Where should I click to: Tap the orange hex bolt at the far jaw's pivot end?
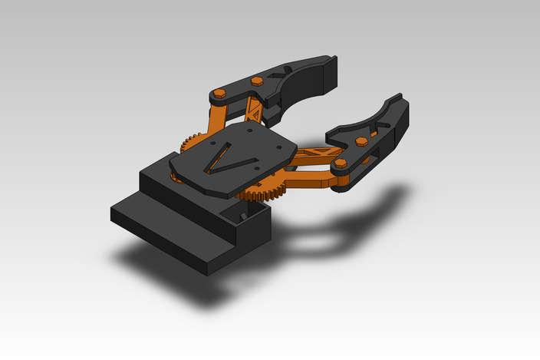tap(220, 93)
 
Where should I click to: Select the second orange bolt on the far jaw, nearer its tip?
tap(257, 80)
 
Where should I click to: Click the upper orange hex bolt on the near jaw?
tap(361, 141)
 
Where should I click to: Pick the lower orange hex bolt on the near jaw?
tap(340, 163)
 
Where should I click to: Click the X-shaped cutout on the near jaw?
tap(379, 124)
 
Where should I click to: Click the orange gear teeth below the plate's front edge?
tap(261, 195)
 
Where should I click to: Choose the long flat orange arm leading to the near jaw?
tap(307, 181)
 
